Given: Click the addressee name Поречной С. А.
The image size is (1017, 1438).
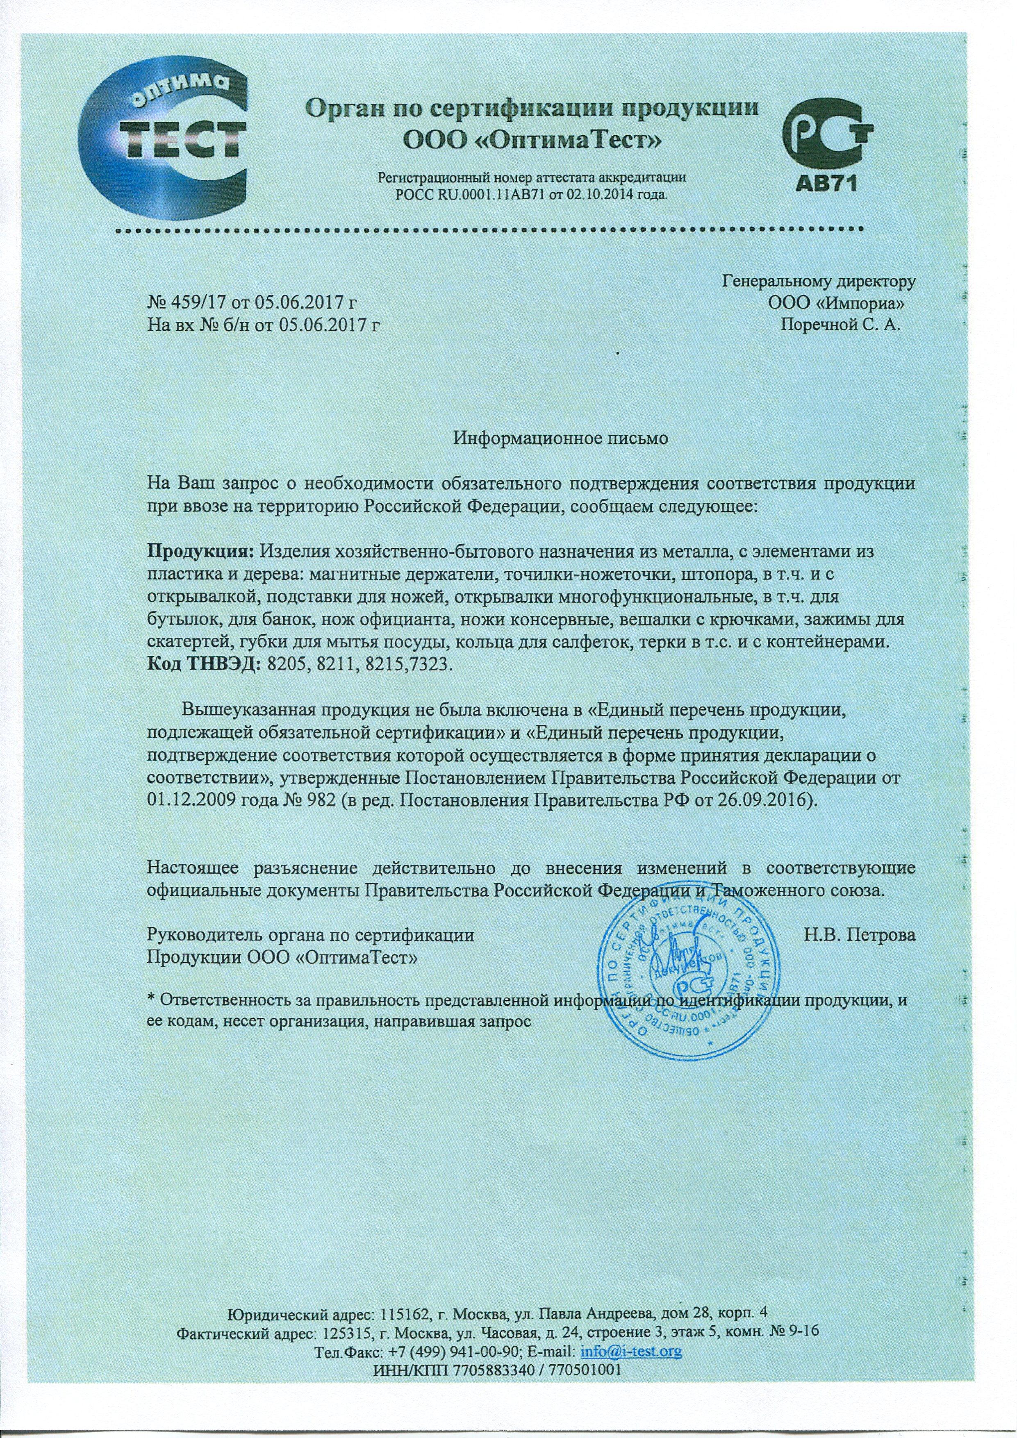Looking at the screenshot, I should [840, 325].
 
